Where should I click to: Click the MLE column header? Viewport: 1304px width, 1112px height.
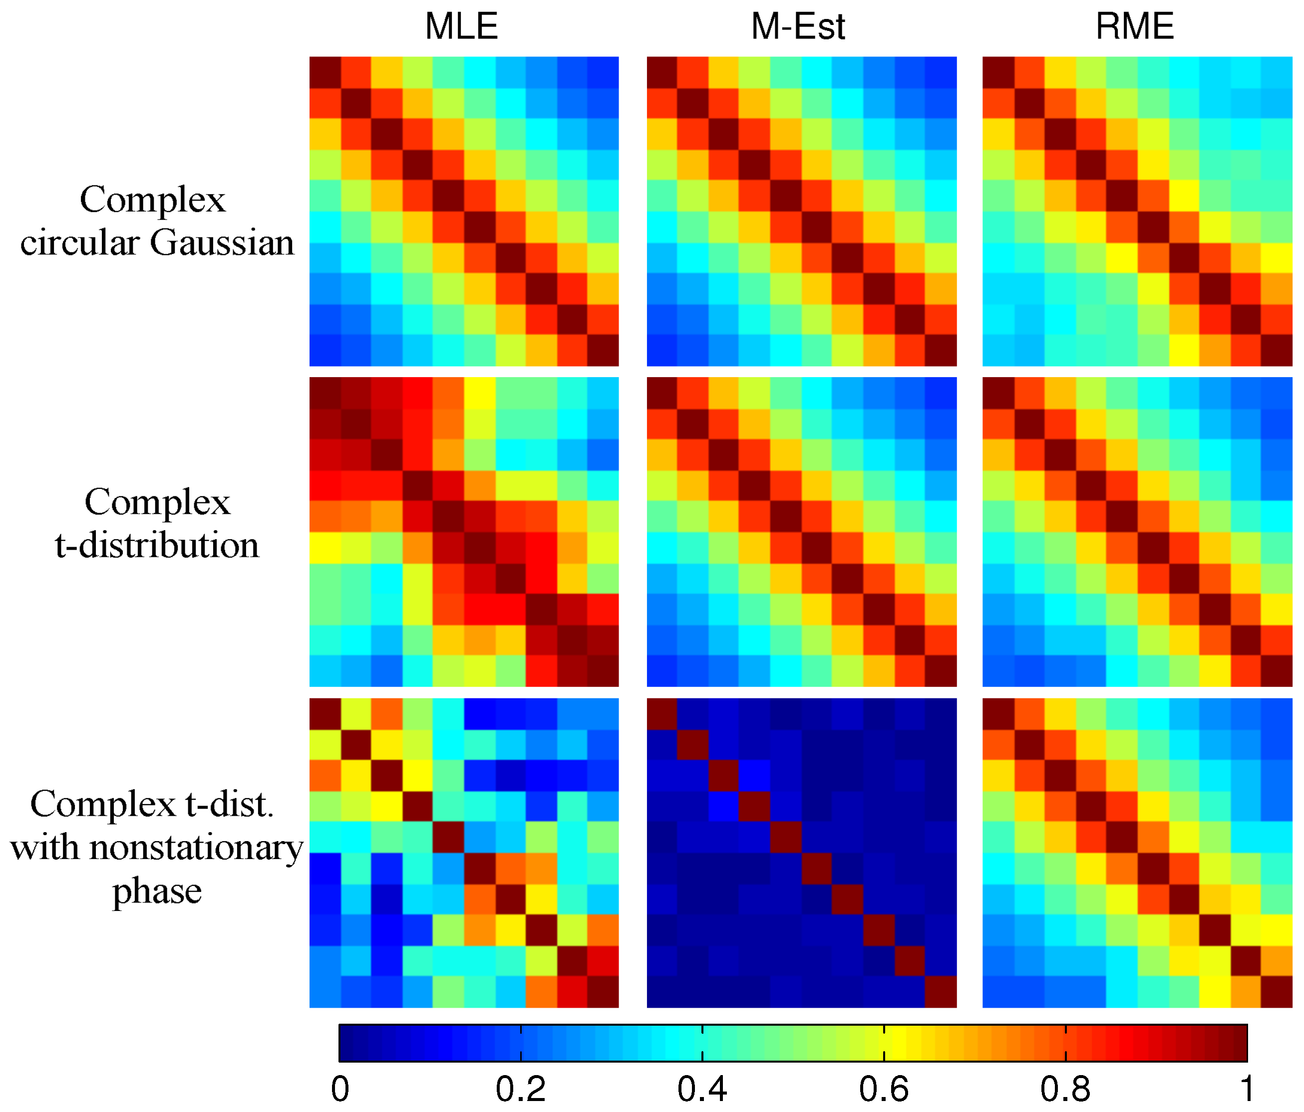coord(461,26)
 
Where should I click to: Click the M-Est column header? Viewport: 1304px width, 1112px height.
coord(797,26)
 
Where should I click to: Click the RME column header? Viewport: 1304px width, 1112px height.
coord(1135,26)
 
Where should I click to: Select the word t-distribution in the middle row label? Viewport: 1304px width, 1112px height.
coord(157,545)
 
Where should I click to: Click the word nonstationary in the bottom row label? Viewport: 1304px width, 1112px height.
coord(196,847)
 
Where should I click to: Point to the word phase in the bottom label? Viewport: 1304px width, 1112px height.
coord(157,890)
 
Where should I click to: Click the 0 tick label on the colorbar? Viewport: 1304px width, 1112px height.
coord(340,1090)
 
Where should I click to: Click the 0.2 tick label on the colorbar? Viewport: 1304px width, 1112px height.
coord(521,1090)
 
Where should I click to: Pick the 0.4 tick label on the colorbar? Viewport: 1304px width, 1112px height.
coord(702,1090)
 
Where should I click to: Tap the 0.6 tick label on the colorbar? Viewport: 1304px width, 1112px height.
coord(884,1090)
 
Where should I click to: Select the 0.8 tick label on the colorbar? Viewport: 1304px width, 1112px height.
coord(1065,1090)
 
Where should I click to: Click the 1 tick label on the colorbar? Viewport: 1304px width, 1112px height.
coord(1247,1090)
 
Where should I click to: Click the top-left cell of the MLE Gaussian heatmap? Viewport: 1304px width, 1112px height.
coord(325,72)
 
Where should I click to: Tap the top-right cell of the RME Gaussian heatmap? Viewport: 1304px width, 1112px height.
coord(1277,72)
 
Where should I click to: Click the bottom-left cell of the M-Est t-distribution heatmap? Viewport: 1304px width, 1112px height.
coord(662,671)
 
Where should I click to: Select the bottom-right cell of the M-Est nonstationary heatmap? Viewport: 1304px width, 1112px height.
coord(941,992)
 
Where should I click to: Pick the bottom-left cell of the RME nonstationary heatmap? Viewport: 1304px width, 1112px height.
coord(998,992)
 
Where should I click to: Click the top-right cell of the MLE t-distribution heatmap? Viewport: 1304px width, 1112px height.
coord(604,393)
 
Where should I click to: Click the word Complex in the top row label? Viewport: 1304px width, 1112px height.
coord(152,200)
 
